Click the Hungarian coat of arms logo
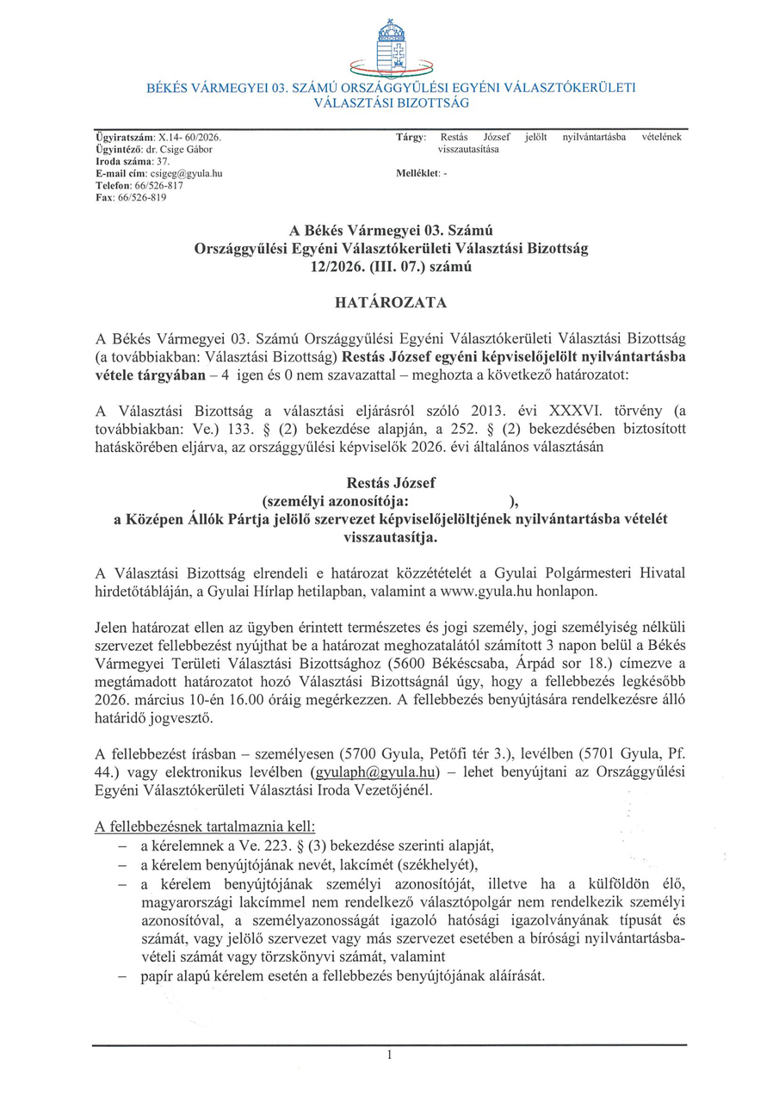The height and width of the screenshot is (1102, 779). coord(392,47)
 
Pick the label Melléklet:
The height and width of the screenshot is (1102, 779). coord(417,173)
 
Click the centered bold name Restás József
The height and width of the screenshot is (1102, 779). coord(390,484)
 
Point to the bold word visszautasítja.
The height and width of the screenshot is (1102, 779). coord(390,537)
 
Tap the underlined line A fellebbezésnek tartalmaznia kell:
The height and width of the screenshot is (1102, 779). coord(206,826)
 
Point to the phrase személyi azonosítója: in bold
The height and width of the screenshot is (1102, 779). coord(335,501)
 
